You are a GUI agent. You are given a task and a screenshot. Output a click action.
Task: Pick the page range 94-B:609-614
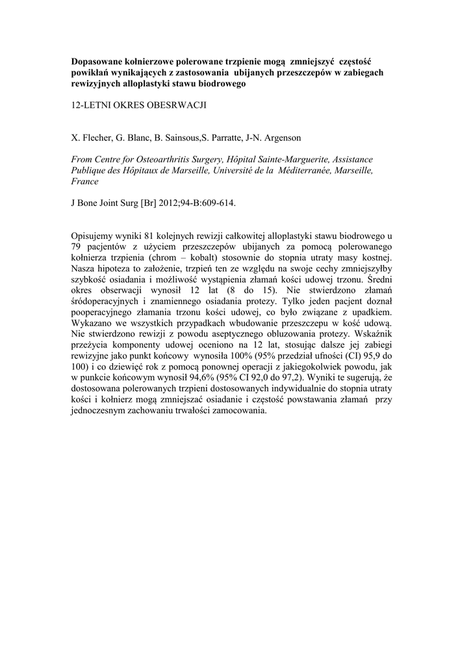coord(205,202)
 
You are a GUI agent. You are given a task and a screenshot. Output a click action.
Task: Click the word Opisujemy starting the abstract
coord(94,235)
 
